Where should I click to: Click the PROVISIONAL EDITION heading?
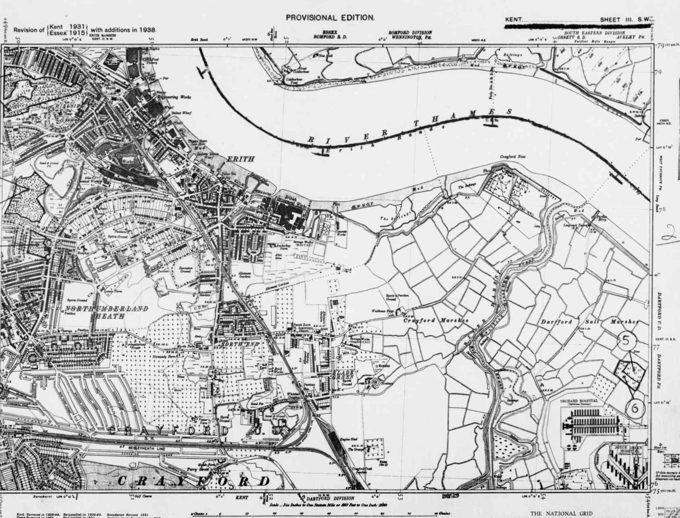point(330,18)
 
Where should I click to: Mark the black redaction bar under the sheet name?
point(577,26)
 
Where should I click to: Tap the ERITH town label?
point(241,159)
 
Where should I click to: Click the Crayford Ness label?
point(513,156)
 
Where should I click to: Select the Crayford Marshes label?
point(436,321)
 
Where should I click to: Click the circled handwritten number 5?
point(627,340)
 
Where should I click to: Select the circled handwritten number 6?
point(635,408)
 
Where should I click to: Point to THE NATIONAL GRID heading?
point(561,514)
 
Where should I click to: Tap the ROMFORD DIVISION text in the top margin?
point(410,32)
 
